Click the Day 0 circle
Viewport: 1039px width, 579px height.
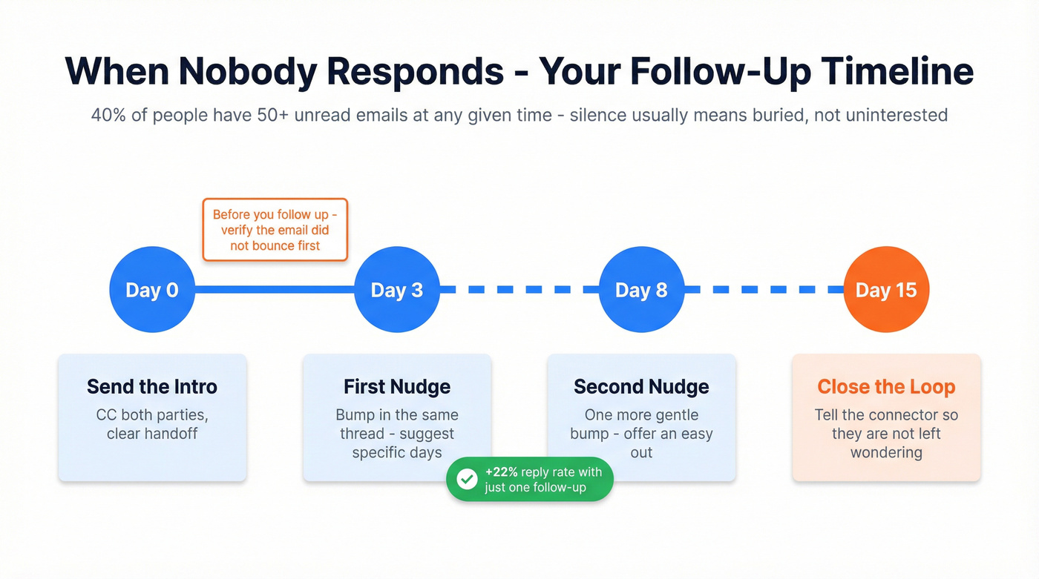(152, 290)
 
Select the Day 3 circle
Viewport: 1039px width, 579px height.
(397, 290)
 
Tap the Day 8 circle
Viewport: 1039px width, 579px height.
(641, 290)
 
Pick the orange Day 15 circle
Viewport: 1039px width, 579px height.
(886, 290)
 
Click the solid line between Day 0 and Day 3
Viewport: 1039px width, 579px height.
(275, 290)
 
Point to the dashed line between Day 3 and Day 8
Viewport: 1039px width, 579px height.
(519, 290)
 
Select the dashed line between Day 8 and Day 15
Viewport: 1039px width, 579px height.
(764, 290)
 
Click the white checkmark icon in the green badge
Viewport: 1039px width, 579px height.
(467, 480)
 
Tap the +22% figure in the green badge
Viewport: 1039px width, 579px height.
(502, 472)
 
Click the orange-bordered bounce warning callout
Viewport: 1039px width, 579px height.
(275, 230)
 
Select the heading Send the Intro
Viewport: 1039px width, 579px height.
(152, 386)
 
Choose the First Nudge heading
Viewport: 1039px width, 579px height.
(397, 386)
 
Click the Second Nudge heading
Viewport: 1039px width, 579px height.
(641, 386)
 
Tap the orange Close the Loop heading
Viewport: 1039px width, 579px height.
(886, 386)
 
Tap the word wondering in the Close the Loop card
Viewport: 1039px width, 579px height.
(886, 452)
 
